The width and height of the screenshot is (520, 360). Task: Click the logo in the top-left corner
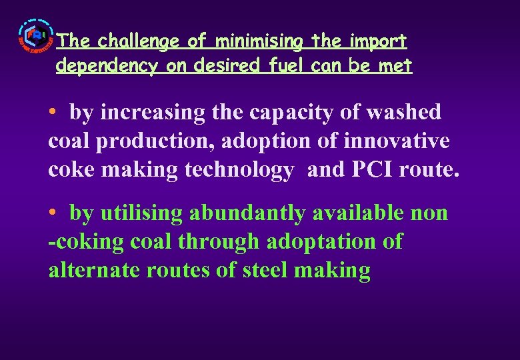pos(34,40)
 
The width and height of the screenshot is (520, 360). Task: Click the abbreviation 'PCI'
pos(371,170)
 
